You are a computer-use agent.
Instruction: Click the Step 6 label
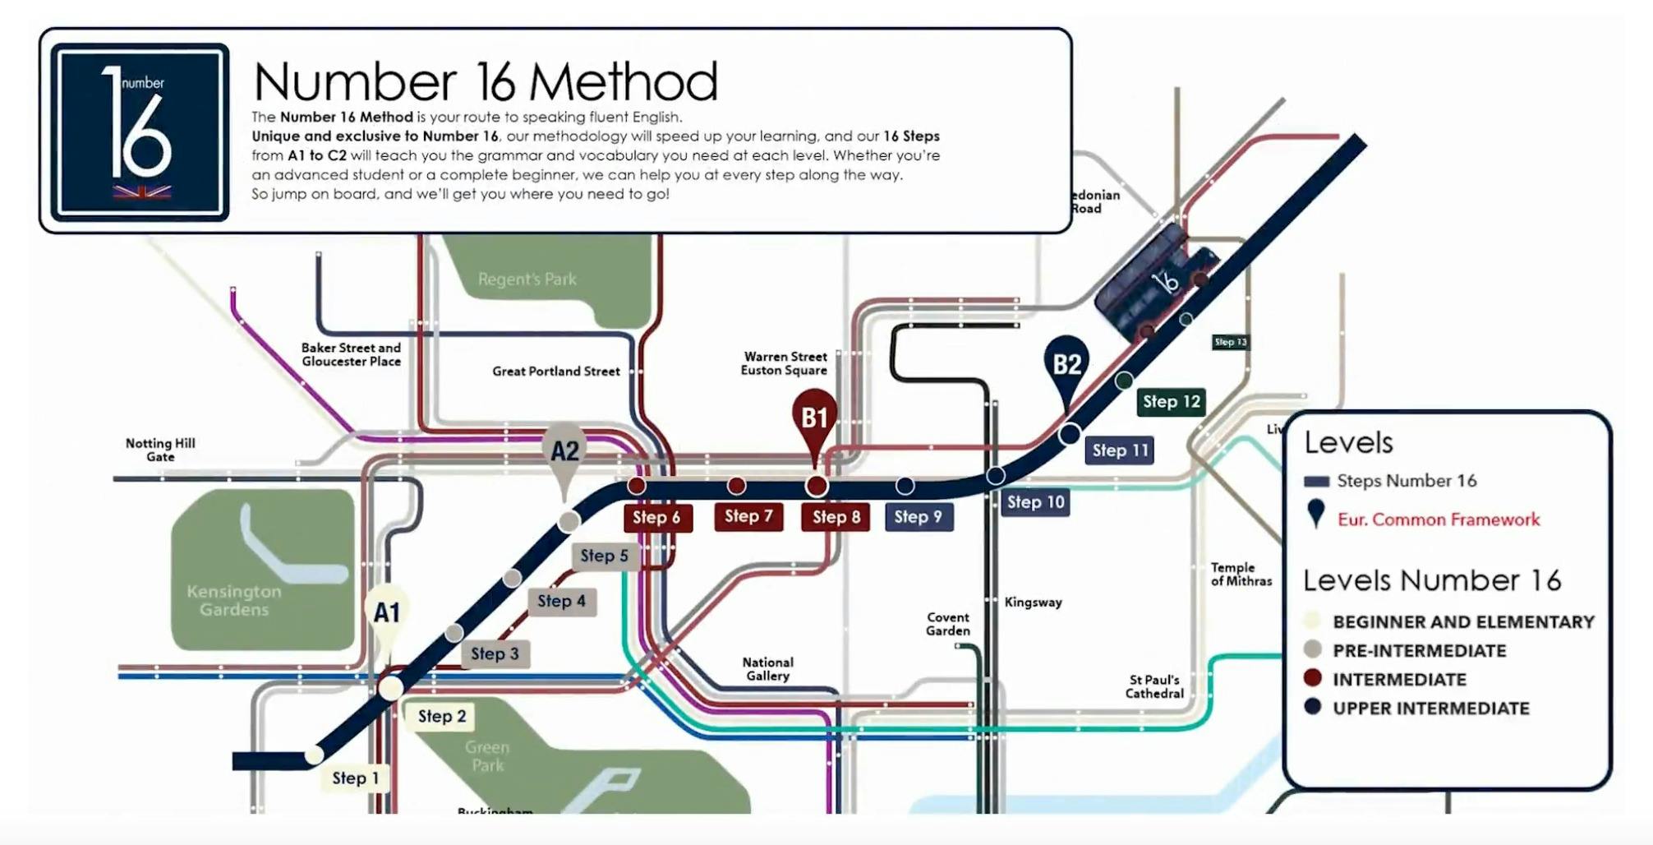point(656,517)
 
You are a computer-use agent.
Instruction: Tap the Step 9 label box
point(919,517)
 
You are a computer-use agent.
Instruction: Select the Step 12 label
point(1172,402)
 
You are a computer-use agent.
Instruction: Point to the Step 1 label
point(356,778)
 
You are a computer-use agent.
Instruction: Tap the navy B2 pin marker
point(1066,364)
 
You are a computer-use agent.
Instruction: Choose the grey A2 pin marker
point(564,451)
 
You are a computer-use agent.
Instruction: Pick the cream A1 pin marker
point(387,613)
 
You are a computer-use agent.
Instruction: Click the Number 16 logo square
point(140,132)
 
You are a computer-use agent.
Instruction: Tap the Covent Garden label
point(948,624)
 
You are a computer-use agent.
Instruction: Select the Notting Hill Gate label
point(160,450)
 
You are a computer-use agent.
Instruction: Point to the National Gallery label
point(767,669)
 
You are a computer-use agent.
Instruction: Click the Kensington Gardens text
point(234,600)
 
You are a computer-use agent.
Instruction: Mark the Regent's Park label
point(527,279)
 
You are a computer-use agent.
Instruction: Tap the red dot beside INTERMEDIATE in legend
point(1312,678)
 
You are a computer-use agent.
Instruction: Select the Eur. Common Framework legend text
point(1438,519)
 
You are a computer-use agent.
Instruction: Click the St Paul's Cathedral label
point(1154,686)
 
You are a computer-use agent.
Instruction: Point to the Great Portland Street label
point(556,372)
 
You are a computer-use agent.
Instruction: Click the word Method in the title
point(623,81)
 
